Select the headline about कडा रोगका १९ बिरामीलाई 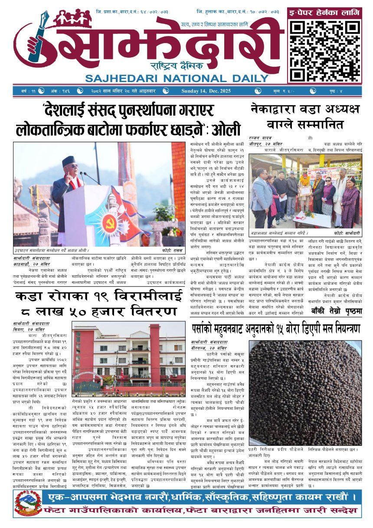coord(96,304)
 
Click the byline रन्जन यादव coord(260,138)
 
